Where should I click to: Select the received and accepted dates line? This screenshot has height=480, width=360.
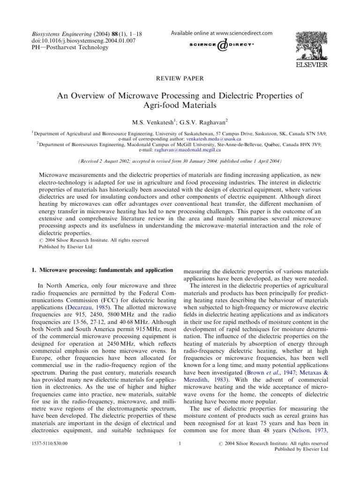coord(180,160)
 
